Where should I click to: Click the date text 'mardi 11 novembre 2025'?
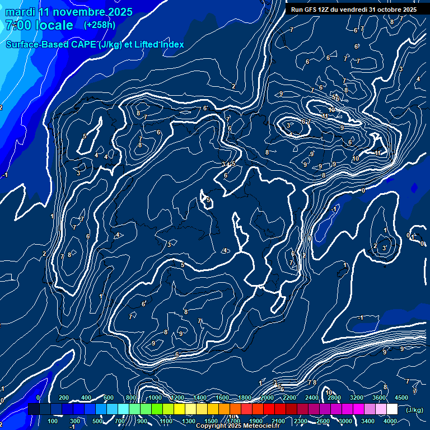click(x=69, y=12)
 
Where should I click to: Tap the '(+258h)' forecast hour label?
click(x=100, y=25)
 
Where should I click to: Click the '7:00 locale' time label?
click(x=39, y=25)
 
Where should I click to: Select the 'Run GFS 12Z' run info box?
click(x=353, y=9)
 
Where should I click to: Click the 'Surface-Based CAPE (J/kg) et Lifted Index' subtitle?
click(x=95, y=44)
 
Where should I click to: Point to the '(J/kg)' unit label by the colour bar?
click(x=414, y=410)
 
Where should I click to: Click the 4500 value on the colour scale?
click(x=401, y=398)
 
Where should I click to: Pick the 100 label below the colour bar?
click(x=53, y=421)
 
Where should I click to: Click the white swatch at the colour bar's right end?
click(x=392, y=409)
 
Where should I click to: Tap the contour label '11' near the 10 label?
click(x=325, y=116)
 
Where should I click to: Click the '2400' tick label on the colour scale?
click(x=312, y=398)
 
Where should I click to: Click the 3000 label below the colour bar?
click(x=345, y=421)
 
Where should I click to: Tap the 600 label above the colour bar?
click(x=108, y=398)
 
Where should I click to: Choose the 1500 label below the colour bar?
click(x=211, y=421)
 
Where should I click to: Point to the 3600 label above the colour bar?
click(x=380, y=398)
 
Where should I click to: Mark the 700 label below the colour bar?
click(x=120, y=421)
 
